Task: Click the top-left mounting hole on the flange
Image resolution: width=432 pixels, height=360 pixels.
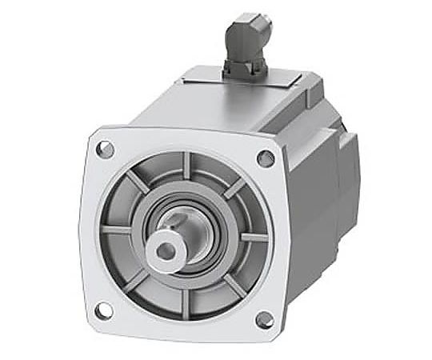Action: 105,149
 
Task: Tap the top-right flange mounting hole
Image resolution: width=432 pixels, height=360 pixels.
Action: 265,158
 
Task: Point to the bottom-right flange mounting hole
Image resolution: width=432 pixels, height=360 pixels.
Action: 263,319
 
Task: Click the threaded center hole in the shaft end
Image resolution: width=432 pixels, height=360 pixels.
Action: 166,250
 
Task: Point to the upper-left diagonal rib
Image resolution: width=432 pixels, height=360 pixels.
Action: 137,183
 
